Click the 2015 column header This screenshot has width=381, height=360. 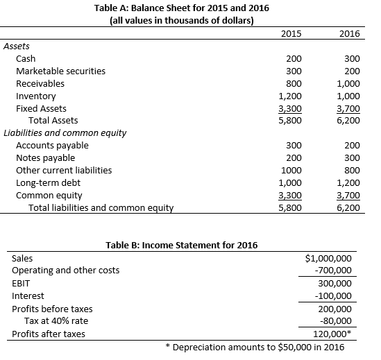293,33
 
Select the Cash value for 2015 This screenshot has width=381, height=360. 294,59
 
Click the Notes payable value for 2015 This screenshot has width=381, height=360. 294,157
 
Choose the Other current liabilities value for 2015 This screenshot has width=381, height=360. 291,170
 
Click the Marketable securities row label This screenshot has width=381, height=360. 61,71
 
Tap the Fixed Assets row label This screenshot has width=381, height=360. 42,109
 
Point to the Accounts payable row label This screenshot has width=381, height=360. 52,145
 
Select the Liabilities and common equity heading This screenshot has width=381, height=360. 65,133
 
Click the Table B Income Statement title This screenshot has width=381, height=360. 181,245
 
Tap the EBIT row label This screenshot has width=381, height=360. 21,284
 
